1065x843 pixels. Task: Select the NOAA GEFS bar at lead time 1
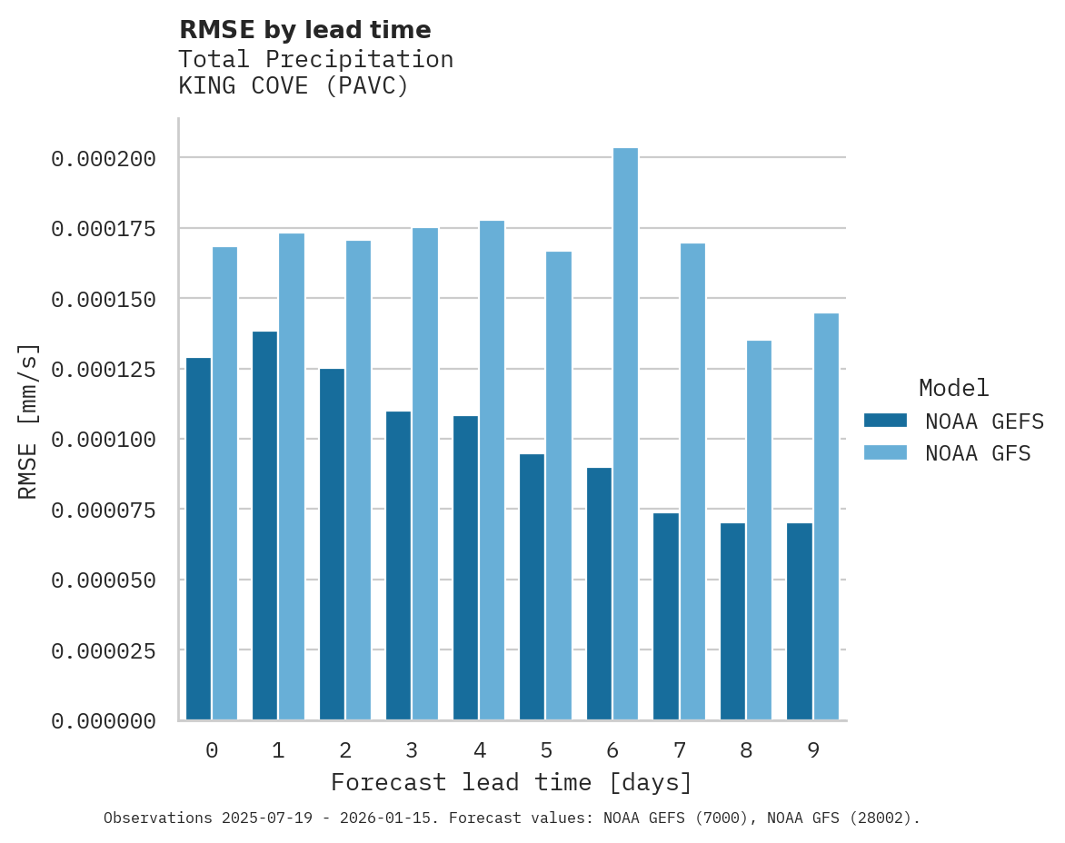[264, 526]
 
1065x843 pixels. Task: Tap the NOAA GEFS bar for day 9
[800, 621]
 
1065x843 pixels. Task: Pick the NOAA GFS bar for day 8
[759, 531]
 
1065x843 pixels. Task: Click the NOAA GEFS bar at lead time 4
[465, 568]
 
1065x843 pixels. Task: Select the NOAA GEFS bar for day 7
[666, 617]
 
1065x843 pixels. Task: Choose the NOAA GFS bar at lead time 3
[425, 473]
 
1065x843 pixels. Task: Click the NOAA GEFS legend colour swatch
[885, 421]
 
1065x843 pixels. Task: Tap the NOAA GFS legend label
[978, 453]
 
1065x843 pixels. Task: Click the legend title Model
[953, 388]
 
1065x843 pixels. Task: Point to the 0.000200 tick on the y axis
[104, 159]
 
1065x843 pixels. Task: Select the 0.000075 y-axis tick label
[104, 510]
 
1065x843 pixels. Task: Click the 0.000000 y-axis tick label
[104, 721]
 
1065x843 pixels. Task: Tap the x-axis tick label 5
[545, 750]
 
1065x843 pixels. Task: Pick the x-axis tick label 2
[345, 750]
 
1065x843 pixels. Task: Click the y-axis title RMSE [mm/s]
[29, 421]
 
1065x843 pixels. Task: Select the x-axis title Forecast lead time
[512, 782]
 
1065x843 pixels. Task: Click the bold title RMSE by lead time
[304, 30]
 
